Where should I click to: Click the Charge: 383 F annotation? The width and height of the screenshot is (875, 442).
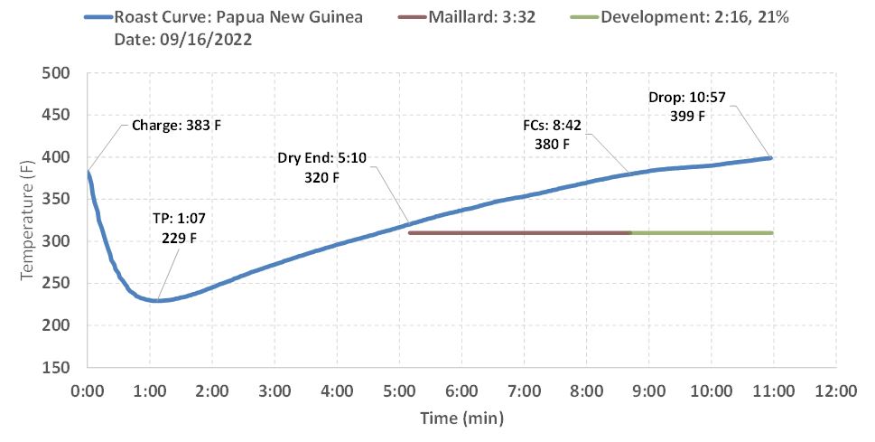coord(176,125)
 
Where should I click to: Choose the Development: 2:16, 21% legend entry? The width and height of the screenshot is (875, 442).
coord(695,18)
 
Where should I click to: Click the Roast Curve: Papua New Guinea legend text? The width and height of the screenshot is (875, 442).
coord(240,18)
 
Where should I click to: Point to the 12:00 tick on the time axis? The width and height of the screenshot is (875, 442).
coord(835,392)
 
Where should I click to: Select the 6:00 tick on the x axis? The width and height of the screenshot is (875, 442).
coord(461,392)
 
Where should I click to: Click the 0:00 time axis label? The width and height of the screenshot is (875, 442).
coord(88,392)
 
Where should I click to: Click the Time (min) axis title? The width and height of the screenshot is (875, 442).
coord(461,418)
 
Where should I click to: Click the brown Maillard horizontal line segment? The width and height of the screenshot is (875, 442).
coord(519,233)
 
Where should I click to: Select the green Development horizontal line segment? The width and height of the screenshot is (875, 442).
coord(702,233)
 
